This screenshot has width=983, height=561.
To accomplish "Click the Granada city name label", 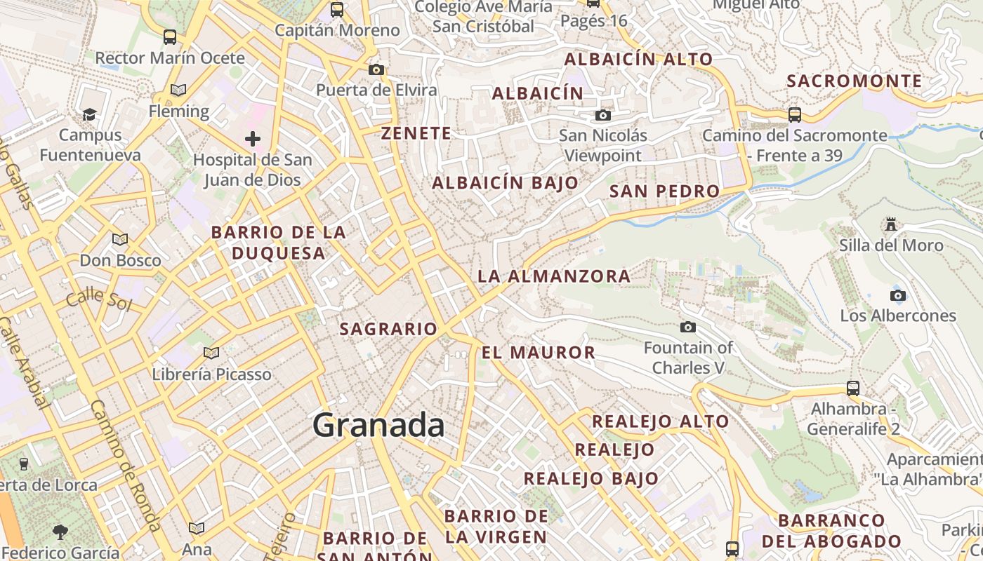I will coord(378,426).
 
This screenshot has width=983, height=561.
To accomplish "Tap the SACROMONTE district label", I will coord(854,81).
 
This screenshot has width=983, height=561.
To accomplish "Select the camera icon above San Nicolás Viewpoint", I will coord(602,115).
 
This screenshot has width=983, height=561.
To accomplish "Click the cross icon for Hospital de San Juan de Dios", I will coord(253,139).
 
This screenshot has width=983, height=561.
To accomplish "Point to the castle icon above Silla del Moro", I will coord(891,224).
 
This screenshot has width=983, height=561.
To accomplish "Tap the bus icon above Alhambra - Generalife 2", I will coord(853,388).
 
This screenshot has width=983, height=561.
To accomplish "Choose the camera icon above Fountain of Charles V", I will coord(688,327).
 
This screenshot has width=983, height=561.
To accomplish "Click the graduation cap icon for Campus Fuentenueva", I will coord(89,114).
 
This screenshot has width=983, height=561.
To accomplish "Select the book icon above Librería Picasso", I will coord(211,353).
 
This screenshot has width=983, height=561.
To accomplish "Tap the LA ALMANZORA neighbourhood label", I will coord(554,276).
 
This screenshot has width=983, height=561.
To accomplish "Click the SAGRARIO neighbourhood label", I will coord(388,329).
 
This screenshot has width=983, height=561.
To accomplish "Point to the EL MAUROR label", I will coord(539,353).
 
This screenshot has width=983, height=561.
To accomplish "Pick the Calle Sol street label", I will coord(100,299).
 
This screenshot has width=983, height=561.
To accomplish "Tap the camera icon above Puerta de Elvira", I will coord(376,69).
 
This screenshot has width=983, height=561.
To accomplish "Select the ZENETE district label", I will coord(416,133).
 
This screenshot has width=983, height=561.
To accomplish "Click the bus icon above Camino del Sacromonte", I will coord(795,114).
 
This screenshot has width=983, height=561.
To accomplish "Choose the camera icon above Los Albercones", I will coord(898,295).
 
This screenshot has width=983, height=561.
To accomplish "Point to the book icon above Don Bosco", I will coord(120,240).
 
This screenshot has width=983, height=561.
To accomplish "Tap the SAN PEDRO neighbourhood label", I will coord(664,191).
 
